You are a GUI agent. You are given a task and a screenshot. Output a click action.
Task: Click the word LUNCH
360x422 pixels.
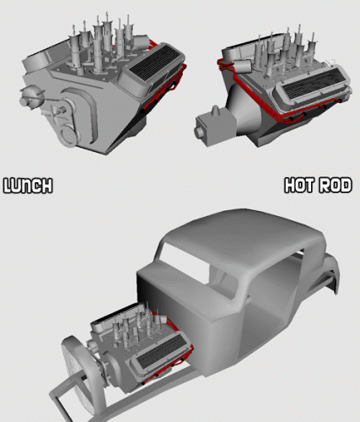28,186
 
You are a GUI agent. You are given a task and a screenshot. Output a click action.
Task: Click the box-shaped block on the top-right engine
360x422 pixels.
216,127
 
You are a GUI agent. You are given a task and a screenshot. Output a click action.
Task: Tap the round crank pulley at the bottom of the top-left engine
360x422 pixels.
67,137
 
